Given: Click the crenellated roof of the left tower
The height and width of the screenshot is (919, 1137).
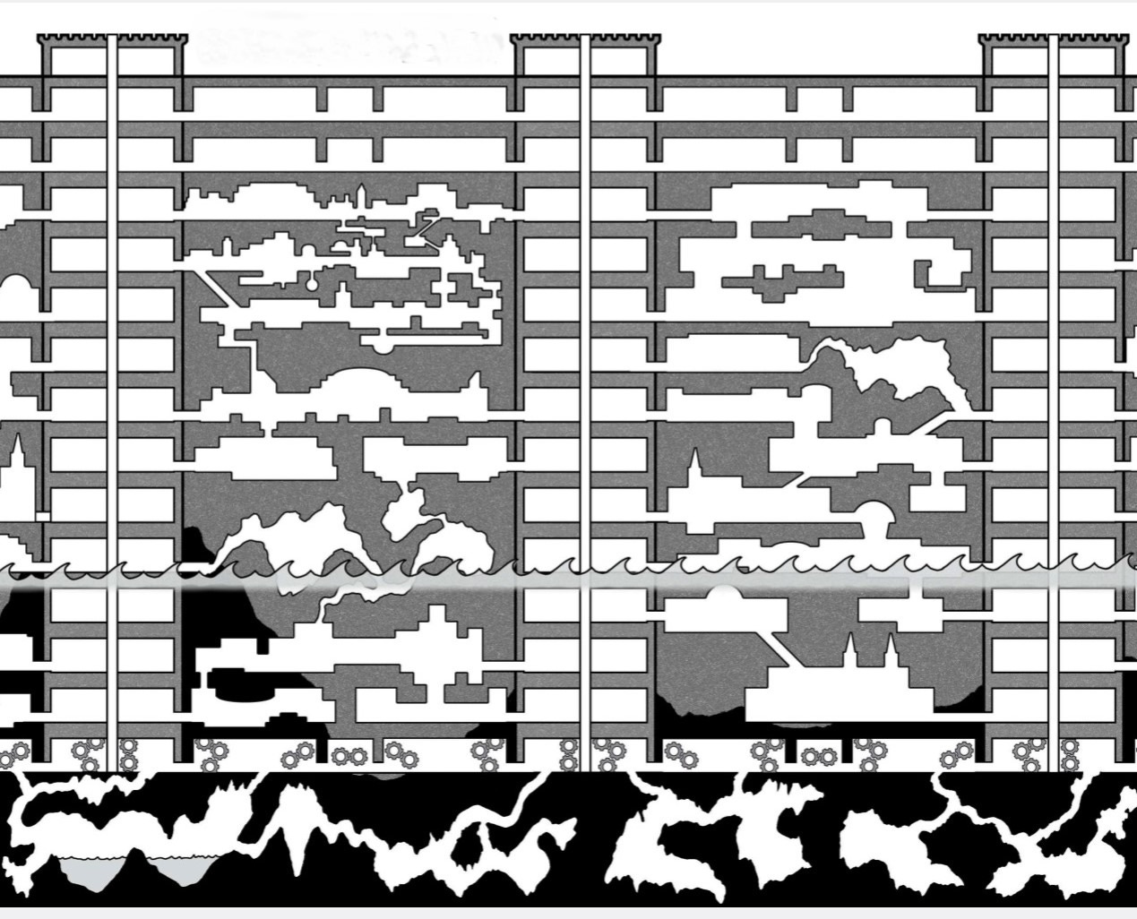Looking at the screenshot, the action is [x=113, y=39].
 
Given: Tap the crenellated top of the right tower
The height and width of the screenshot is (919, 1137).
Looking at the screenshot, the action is [x=1053, y=39].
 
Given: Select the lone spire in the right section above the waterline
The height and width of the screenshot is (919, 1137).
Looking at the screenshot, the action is [x=693, y=466].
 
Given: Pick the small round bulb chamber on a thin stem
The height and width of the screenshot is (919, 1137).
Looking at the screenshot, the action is [x=309, y=285].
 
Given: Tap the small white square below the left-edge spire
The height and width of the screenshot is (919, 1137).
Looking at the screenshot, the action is [x=42, y=516].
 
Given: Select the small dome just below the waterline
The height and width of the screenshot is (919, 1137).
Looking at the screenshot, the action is [x=722, y=593].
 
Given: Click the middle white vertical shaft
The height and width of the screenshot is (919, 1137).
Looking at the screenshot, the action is [x=585, y=403].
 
